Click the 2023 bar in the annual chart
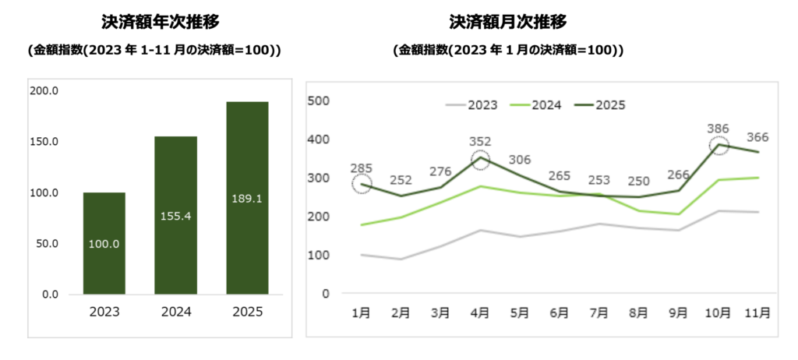(x=104, y=243)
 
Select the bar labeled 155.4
(x=175, y=215)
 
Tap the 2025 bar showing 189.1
(x=247, y=198)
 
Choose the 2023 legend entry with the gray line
(x=471, y=104)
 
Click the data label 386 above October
(x=718, y=128)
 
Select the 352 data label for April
(x=481, y=142)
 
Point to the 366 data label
(x=757, y=137)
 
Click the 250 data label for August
(x=638, y=182)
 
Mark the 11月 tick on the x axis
(x=757, y=312)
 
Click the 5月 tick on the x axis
(x=519, y=312)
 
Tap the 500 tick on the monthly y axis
(x=320, y=101)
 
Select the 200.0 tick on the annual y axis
(x=45, y=91)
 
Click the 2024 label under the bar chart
(x=175, y=312)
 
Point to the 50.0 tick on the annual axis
(x=48, y=244)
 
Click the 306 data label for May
(x=520, y=159)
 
